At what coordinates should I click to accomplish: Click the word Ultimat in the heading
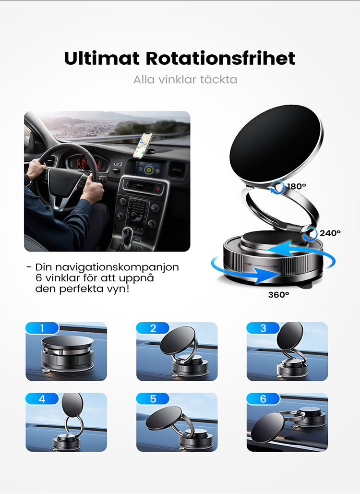pos(102,58)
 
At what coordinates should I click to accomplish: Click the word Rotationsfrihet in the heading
pos(220,58)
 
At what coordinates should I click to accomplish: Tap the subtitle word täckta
pos(218,79)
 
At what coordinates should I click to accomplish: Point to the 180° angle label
pos(296,186)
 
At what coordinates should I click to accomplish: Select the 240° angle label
pos(330,233)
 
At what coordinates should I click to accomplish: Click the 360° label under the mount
pos(278,295)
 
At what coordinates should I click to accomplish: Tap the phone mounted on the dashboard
pos(143,145)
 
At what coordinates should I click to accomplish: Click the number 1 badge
pos(42,328)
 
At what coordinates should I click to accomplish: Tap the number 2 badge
pos(153,328)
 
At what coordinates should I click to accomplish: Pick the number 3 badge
pos(264,328)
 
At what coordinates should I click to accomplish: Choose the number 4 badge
pos(42,398)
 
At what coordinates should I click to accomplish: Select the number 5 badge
pos(153,398)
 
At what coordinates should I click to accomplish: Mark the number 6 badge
pos(264,398)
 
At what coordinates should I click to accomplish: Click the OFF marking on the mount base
pos(249,265)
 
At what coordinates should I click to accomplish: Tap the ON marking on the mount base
pos(275,266)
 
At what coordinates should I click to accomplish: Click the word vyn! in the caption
pos(119,289)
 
